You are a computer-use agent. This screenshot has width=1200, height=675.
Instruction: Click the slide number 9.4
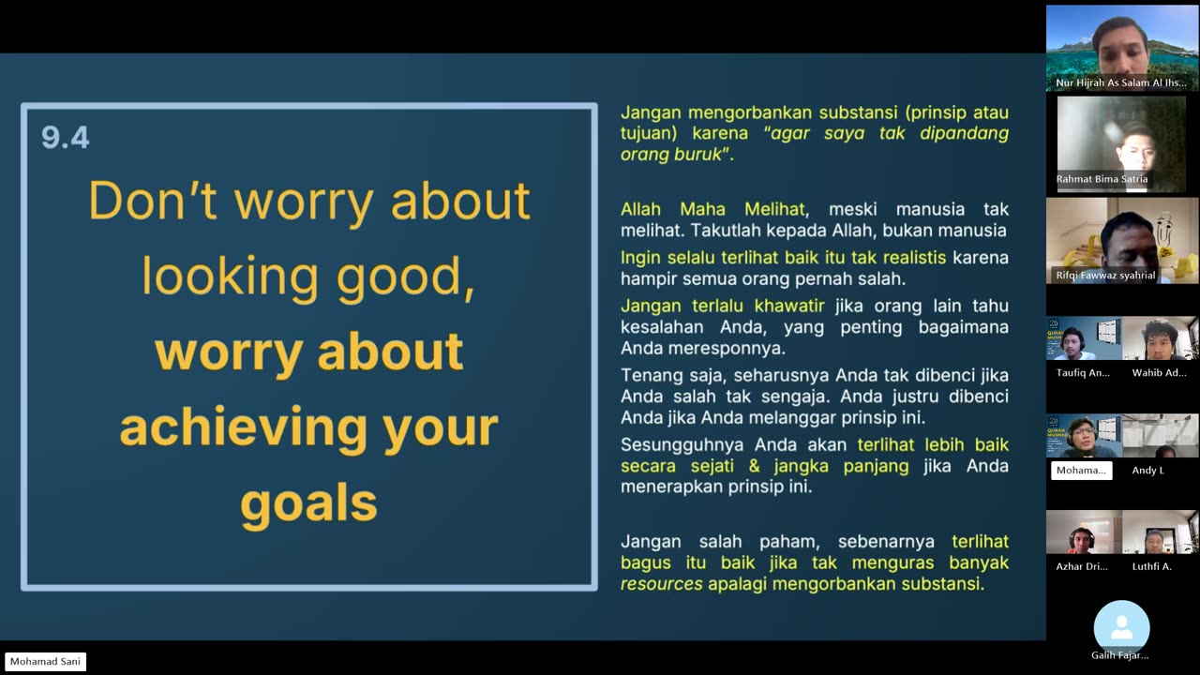coord(66,137)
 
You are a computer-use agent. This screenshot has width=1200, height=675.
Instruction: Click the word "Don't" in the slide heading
coord(153,201)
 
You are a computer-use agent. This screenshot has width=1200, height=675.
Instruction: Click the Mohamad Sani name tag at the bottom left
coord(46,662)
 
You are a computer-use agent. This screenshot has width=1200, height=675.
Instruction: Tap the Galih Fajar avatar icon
coord(1121,627)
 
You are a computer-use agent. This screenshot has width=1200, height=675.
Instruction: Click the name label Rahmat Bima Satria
coord(1102,179)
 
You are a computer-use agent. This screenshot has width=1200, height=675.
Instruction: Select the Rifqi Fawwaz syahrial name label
coord(1105,276)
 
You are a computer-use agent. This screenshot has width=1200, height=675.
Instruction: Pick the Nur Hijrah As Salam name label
coord(1120,83)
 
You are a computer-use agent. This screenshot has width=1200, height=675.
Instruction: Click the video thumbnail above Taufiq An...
coord(1084,338)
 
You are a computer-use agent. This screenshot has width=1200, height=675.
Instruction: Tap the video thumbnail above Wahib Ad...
coord(1161,338)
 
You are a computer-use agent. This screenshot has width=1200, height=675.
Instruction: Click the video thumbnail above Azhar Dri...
coord(1084,532)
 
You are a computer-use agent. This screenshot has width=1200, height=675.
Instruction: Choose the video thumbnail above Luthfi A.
coord(1161,532)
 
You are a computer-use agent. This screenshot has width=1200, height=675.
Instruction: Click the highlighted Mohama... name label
coord(1081,471)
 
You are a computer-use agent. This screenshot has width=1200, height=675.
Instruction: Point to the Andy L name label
coord(1147,471)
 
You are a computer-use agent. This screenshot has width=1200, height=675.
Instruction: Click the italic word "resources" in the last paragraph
coord(662,584)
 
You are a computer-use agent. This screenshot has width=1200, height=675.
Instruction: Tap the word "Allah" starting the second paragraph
coord(640,209)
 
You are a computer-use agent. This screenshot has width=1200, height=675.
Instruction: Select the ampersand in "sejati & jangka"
coord(755,466)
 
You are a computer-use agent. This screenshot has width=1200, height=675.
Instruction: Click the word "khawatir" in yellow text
coord(789,306)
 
